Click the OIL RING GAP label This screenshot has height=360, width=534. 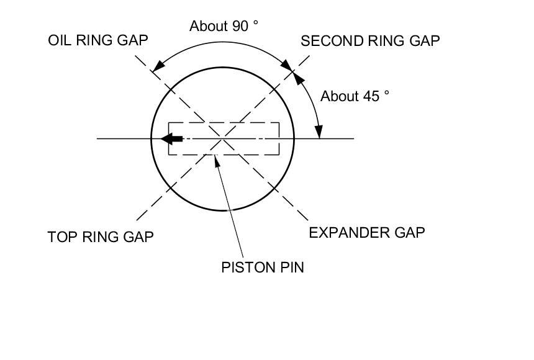pos(98,41)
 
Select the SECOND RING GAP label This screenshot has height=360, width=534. pos(370,42)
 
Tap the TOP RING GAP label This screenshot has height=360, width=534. pos(101,237)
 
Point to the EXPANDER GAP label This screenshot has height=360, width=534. pos(367,233)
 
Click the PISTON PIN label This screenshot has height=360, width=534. pos(263,268)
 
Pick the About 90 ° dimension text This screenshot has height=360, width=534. pos(224,26)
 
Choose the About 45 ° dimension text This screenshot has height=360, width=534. pos(355,96)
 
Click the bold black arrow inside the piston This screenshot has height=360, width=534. pos(173,138)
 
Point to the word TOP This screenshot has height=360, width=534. pos(61,237)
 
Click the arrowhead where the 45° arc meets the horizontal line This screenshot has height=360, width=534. pos(319,133)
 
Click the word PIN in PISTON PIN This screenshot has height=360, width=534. pos(292,268)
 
